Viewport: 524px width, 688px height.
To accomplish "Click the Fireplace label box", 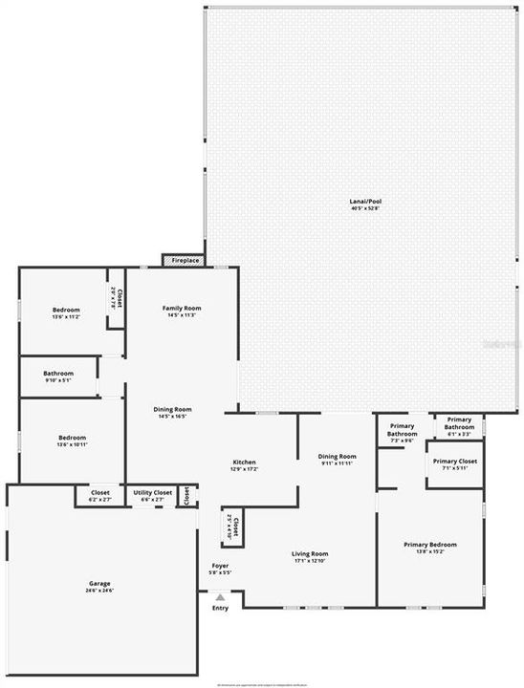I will pos(182,260).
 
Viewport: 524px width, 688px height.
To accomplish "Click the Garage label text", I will pos(99,583).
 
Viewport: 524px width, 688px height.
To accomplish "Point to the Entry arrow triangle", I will pos(220,597).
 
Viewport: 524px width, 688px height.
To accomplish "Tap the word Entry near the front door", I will pos(220,608).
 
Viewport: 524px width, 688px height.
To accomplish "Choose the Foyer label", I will pos(219,568).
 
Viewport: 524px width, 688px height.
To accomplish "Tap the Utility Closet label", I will pos(152,493).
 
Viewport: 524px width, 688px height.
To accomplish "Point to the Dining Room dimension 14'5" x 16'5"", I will pos(173,416).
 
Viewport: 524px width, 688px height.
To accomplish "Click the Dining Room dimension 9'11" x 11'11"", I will pos(337,462).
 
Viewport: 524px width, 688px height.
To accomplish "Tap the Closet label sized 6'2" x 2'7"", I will pos(99,499).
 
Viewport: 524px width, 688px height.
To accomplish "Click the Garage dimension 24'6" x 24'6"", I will pos(99,591).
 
